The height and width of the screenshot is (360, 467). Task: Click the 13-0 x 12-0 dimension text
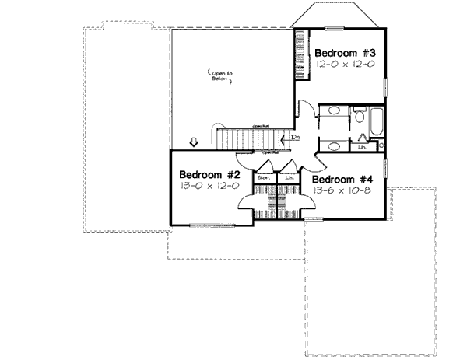click(209, 187)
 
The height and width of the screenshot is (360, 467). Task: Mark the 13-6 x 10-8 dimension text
click(343, 189)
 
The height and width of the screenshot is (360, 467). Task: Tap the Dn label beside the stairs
click(296, 138)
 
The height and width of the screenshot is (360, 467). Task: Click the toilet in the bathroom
click(360, 116)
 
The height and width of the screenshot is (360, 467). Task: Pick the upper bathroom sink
click(333, 114)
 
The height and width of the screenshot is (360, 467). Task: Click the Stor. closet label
click(263, 177)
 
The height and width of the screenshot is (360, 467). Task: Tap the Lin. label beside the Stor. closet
click(290, 177)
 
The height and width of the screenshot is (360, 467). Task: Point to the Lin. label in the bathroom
click(363, 145)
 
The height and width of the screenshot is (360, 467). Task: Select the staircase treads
click(245, 138)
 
